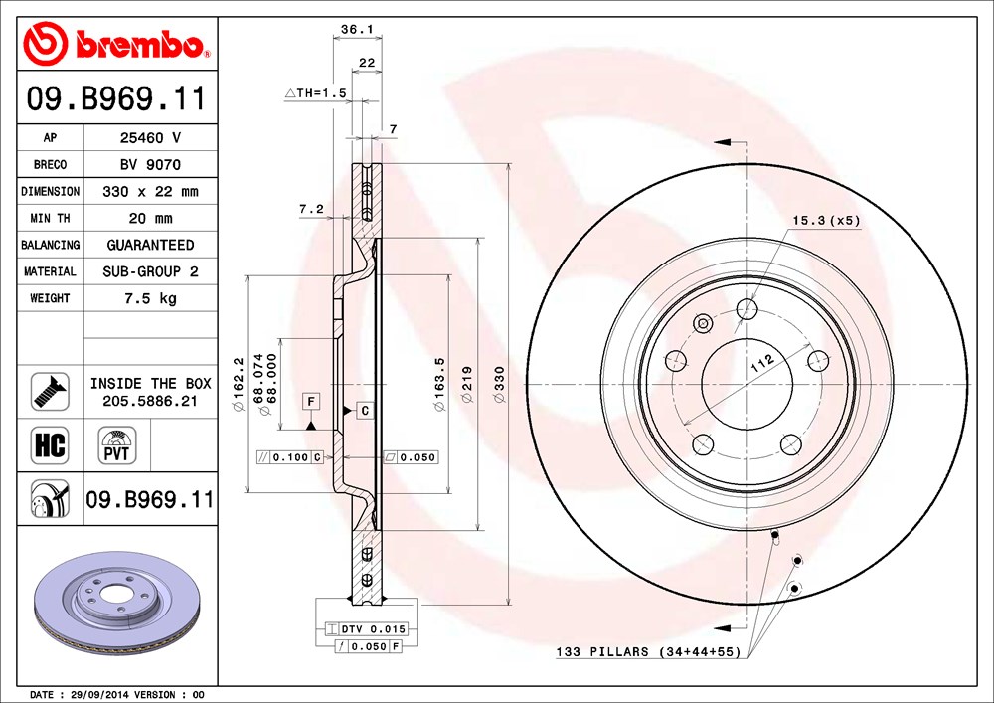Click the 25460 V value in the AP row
tap(151, 137)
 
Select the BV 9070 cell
tap(151, 165)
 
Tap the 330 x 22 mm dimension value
tap(151, 192)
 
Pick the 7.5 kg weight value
tap(151, 298)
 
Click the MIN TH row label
tap(50, 218)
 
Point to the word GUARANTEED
tap(151, 245)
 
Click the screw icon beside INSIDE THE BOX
tap(50, 391)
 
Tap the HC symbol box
tap(50, 445)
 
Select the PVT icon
tap(117, 445)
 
